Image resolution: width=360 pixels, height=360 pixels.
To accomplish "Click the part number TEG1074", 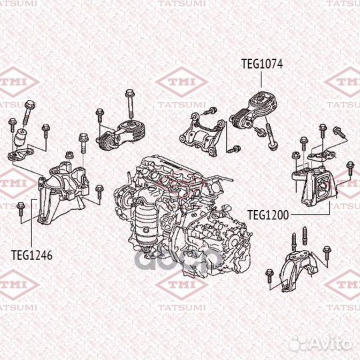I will [262, 64].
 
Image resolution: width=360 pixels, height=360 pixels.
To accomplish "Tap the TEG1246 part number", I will [31, 254].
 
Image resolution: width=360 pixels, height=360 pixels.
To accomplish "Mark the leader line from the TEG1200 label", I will [313, 214].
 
